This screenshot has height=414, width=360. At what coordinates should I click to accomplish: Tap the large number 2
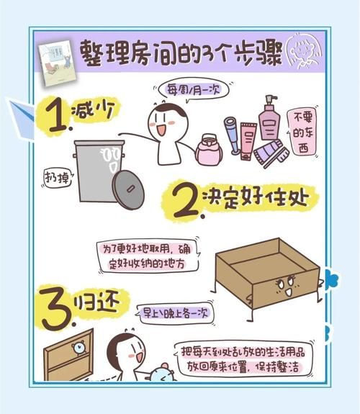click(x=186, y=202)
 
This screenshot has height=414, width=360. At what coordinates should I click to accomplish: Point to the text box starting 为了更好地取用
click(x=149, y=254)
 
